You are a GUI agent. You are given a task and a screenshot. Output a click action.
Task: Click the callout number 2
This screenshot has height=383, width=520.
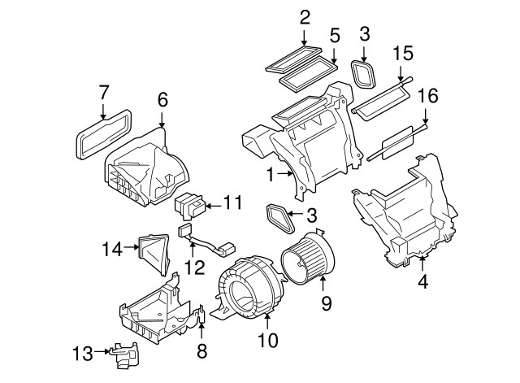pyautogui.click(x=305, y=16)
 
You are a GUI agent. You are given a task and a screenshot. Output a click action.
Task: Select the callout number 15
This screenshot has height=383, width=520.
pyautogui.click(x=403, y=54)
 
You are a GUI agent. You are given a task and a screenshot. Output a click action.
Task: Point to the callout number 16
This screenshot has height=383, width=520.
pyautogui.click(x=427, y=97)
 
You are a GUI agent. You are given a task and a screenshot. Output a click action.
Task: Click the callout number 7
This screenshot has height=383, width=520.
pyautogui.click(x=103, y=92)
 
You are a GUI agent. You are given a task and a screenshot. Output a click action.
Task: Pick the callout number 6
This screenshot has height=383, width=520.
pyautogui.click(x=162, y=99)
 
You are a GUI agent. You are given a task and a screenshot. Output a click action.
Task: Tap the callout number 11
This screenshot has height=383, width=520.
pyautogui.click(x=232, y=202)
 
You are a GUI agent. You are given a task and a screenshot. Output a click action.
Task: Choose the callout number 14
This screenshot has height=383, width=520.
pyautogui.click(x=112, y=248)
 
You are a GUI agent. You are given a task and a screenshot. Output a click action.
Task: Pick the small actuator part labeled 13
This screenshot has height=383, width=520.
pyautogui.click(x=124, y=355)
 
